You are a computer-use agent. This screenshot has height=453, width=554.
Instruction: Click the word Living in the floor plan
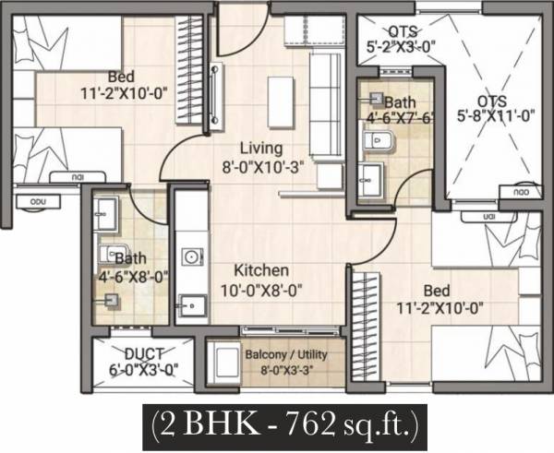[x=261, y=148]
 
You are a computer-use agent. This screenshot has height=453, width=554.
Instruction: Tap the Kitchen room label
[x=261, y=270]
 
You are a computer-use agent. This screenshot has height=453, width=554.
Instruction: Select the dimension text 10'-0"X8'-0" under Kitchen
[x=261, y=289]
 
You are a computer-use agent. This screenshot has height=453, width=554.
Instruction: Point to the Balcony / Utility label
[x=286, y=354]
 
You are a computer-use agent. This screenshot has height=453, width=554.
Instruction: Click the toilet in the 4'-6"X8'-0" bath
[x=111, y=299]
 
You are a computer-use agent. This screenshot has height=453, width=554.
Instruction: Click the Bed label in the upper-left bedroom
[x=120, y=76]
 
